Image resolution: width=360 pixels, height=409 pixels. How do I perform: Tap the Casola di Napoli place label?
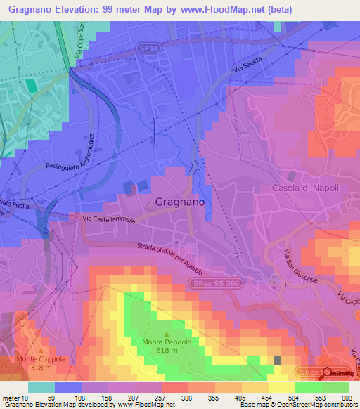pyautogui.click(x=306, y=188)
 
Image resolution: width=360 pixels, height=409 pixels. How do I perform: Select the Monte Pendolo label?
pyautogui.click(x=166, y=342)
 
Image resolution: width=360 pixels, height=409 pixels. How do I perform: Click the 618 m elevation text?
pyautogui.click(x=166, y=351)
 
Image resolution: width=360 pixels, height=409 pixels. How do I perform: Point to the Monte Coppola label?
pyautogui.click(x=41, y=358)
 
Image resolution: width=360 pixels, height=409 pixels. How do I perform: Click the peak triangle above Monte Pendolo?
pyautogui.click(x=166, y=334)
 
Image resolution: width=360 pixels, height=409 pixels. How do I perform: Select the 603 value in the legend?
pyautogui.click(x=346, y=398)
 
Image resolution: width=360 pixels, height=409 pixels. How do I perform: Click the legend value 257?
pyautogui.click(x=160, y=398)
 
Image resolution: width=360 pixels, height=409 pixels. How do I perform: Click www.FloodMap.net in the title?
pyautogui.click(x=229, y=9)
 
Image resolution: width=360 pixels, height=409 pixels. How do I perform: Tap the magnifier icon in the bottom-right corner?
pyautogui.click(x=326, y=373)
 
